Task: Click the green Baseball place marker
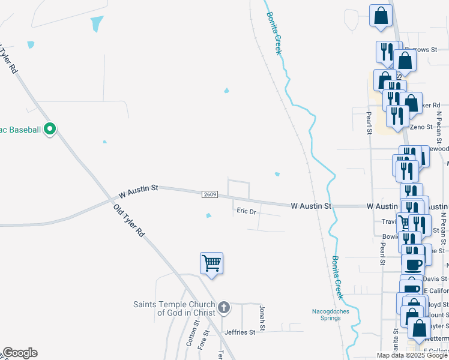point(50,129)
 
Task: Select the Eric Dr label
point(246,211)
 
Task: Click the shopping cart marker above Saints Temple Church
point(211,263)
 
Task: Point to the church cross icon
point(224,308)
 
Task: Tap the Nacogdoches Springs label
point(327,314)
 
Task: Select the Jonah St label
point(262,317)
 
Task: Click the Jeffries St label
point(240,332)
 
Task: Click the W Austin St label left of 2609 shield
point(138,191)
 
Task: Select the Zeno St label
point(421,127)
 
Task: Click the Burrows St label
point(420,50)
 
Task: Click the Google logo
point(20,353)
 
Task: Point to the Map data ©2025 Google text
point(412,355)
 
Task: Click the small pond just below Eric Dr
point(208,216)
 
